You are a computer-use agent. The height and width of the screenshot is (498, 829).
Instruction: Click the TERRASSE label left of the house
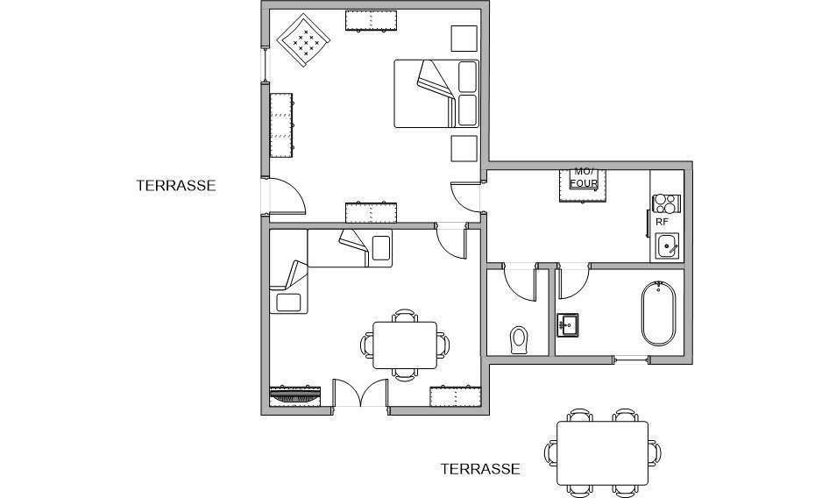[176, 186]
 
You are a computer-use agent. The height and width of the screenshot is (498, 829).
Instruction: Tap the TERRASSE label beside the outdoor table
[480, 469]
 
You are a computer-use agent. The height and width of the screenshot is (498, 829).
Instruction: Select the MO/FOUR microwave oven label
[584, 178]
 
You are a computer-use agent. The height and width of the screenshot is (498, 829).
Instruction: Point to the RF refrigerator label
[662, 223]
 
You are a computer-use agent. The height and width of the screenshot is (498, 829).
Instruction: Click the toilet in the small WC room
[519, 340]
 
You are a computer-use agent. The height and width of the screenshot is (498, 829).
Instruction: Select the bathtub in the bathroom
[658, 313]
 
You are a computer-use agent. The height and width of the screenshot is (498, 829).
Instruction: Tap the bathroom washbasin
[567, 324]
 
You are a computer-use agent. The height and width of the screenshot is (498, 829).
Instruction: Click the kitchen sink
[667, 246]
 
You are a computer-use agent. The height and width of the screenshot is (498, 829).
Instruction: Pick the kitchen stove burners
[666, 203]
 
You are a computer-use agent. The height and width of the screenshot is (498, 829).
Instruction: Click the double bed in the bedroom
[436, 94]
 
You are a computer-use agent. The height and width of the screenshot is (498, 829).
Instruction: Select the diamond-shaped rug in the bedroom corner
[303, 40]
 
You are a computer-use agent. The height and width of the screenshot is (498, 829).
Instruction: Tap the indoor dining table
[405, 345]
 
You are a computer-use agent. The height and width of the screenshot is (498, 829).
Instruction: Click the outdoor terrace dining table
[603, 453]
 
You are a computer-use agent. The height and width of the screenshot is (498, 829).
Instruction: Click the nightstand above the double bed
[464, 38]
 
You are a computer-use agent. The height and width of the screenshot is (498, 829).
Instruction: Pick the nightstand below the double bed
[464, 149]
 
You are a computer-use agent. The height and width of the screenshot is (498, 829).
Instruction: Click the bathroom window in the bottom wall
[631, 359]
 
